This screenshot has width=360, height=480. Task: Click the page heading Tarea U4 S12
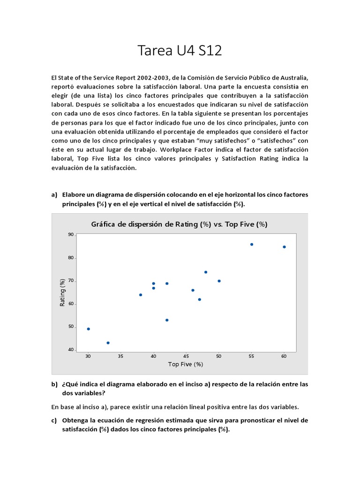[180, 51]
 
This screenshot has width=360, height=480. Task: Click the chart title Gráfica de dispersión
[179, 224]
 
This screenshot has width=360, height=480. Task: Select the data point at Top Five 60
[284, 247]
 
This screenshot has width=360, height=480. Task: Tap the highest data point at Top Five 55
[252, 244]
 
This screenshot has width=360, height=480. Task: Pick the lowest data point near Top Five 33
[108, 343]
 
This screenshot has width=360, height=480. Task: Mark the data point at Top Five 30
[89, 329]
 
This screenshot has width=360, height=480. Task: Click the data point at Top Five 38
[141, 295]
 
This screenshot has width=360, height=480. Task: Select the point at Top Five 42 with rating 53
[167, 320]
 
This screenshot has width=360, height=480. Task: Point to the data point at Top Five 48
[206, 272]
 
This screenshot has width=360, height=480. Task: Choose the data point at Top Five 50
[219, 281]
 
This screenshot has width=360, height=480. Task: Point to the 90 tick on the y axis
[71, 234]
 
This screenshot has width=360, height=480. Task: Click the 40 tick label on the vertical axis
[71, 350]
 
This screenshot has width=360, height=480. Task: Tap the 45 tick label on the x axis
[186, 356]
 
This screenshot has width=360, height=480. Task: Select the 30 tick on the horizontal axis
[88, 356]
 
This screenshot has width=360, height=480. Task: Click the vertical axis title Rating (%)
[62, 292]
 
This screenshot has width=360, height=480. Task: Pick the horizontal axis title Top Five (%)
[186, 364]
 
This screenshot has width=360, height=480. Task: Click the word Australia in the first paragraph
[292, 77]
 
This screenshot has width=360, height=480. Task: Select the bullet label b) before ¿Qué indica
[54, 384]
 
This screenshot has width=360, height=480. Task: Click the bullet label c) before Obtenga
[54, 420]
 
